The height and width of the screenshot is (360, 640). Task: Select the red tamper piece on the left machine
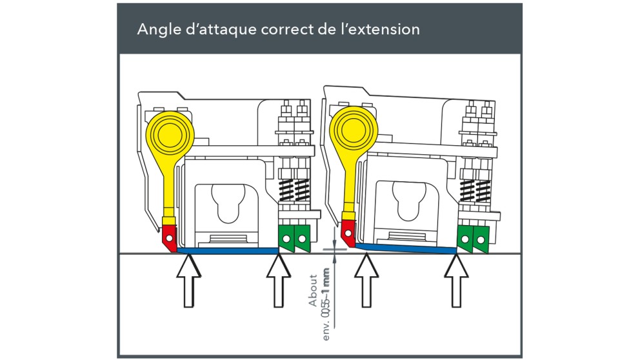[169, 237]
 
